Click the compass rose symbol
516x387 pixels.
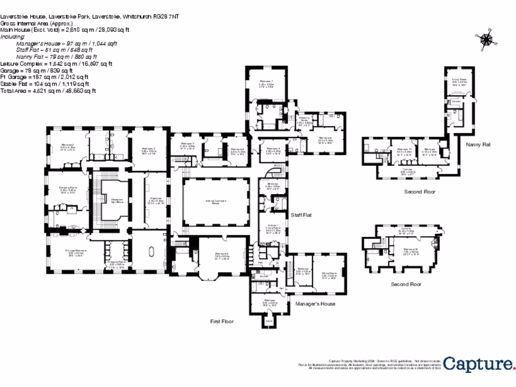(x=486, y=40)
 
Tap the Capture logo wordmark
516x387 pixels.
(x=479, y=364)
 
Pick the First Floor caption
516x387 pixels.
(x=222, y=321)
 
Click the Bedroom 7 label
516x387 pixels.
(x=266, y=82)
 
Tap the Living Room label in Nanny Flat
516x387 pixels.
(x=458, y=80)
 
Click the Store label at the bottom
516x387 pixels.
(x=269, y=320)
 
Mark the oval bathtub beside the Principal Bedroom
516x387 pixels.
(x=151, y=251)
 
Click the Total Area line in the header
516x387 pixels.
(x=48, y=91)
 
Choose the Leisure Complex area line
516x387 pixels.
(x=56, y=64)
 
